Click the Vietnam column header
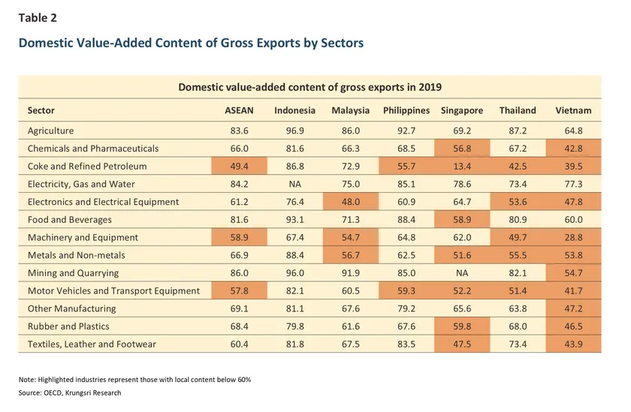573,110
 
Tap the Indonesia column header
294,110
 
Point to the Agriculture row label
51,131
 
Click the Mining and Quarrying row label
73,273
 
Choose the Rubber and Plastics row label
68,326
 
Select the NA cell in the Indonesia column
294,184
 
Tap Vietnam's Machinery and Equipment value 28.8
573,237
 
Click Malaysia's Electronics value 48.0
351,202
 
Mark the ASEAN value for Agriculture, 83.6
240,131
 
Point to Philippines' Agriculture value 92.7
406,131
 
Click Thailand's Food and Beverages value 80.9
518,220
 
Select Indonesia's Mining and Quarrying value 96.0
294,273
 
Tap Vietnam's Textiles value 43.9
573,344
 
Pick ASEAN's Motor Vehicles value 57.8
240,290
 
